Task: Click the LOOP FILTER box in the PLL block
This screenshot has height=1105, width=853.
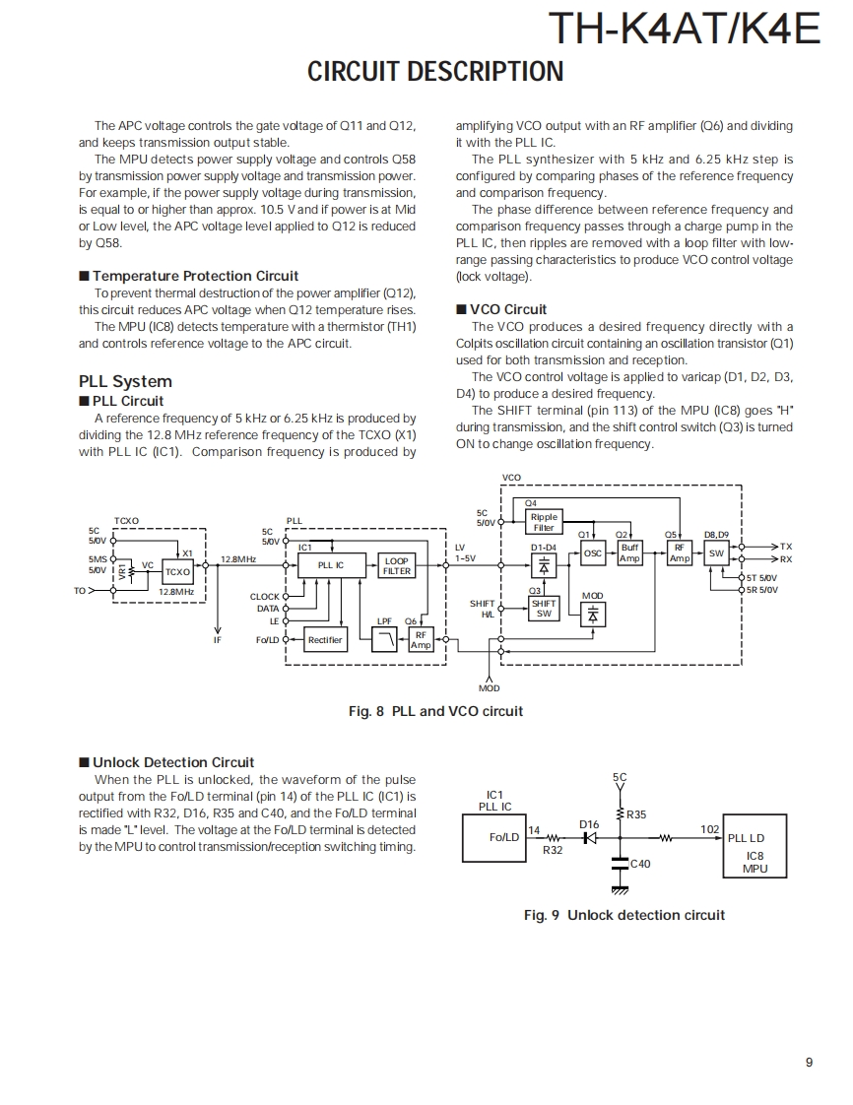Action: (x=396, y=565)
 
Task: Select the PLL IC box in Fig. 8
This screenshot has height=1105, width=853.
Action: (x=331, y=565)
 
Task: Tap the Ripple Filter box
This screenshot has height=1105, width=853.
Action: (x=544, y=522)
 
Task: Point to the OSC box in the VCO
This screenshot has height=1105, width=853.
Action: (x=593, y=553)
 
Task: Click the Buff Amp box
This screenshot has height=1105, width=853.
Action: (x=629, y=553)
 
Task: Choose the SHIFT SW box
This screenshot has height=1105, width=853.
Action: (x=544, y=608)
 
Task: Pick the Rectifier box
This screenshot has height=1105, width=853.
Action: (x=325, y=640)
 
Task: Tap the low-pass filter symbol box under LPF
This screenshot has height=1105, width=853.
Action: (x=384, y=640)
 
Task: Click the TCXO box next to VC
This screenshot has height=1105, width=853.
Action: (x=177, y=571)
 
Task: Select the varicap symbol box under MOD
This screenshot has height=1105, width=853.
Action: (x=593, y=614)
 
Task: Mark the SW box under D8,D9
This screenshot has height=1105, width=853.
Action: (x=716, y=553)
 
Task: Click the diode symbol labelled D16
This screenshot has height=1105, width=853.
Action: (x=591, y=838)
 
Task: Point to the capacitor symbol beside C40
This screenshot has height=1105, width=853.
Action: (x=620, y=864)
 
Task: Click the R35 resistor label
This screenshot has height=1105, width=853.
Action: (x=636, y=814)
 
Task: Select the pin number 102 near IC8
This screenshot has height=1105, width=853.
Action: (x=709, y=829)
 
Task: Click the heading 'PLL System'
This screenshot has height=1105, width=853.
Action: (x=125, y=381)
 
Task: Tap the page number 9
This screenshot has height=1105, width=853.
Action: (x=809, y=1062)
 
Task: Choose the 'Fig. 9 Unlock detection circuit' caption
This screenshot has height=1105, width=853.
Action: (x=623, y=915)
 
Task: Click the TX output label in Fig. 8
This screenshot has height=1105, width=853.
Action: (x=785, y=546)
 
